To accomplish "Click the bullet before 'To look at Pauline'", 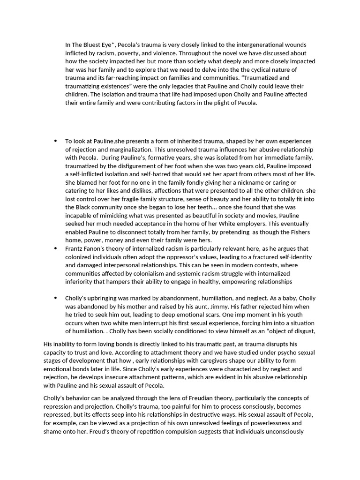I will [56, 141].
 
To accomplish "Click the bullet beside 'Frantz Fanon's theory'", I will [56, 249].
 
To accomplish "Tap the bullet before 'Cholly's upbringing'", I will [56, 298].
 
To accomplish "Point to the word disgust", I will [303, 331].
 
